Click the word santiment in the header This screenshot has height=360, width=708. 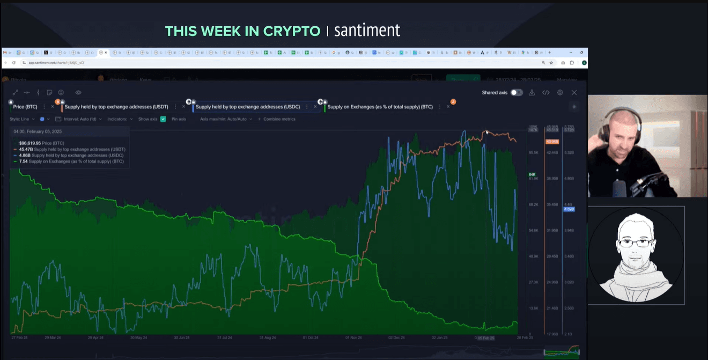point(367,31)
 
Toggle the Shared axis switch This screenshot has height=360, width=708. point(516,93)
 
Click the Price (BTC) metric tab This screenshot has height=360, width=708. point(25,107)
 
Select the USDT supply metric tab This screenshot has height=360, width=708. point(116,107)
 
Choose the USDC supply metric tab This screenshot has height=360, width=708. point(247,107)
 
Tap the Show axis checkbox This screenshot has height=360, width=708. point(163,119)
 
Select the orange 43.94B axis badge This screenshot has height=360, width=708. point(552,142)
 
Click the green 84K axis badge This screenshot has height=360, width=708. point(533,174)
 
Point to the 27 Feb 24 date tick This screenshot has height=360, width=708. point(20,338)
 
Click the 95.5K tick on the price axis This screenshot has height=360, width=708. point(533,153)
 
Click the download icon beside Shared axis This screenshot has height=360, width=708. point(532,93)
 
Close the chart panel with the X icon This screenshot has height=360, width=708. point(574,93)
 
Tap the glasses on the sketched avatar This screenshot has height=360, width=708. point(636,243)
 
